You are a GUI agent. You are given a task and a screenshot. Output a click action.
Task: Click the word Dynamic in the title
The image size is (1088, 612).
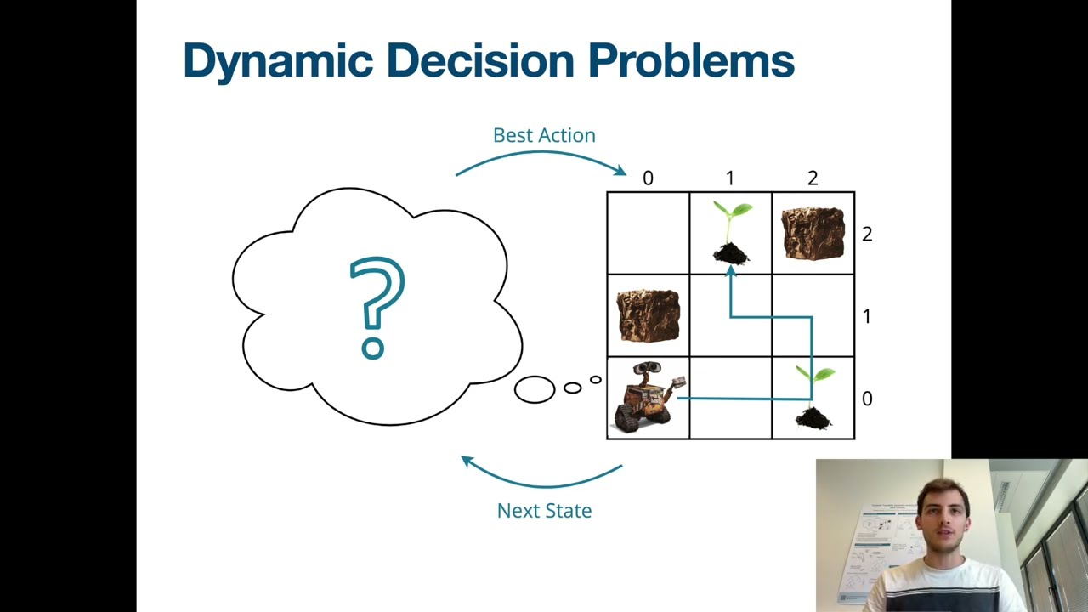tap(278, 61)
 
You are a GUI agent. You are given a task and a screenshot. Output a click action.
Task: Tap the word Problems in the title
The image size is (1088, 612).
tap(690, 61)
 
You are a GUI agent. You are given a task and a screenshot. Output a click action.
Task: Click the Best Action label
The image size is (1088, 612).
tap(544, 135)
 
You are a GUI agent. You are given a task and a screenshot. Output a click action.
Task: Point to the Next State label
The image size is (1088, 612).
tap(544, 510)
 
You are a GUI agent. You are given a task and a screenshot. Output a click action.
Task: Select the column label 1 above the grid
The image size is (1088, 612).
tap(729, 178)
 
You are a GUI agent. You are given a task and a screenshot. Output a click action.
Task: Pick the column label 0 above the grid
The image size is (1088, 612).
tap(648, 178)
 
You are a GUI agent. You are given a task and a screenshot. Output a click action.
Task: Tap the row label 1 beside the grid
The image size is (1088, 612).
tap(866, 316)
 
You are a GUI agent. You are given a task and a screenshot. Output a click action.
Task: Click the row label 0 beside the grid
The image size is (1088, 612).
tap(866, 399)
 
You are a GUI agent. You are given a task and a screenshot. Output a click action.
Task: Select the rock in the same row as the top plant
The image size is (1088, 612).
tap(813, 232)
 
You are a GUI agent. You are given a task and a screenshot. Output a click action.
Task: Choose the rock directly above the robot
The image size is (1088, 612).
tap(648, 314)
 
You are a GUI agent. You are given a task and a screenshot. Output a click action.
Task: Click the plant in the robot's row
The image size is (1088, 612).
tap(813, 398)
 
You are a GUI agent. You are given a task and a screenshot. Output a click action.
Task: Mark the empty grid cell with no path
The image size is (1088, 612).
tap(648, 233)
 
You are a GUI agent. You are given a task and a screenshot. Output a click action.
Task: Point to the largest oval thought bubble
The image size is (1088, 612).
tap(535, 389)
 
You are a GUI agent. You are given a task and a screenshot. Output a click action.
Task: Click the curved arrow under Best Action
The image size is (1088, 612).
tap(541, 157)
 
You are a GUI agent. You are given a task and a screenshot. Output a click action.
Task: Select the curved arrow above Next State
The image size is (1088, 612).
tap(541, 479)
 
